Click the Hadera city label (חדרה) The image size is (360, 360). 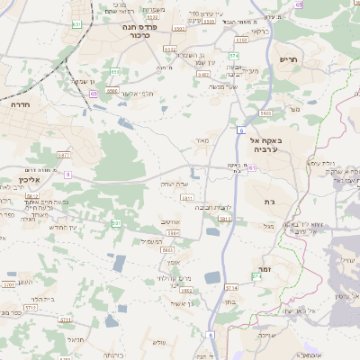pos(20,104)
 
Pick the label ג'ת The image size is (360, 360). pos(268,202)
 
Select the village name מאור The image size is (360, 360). pos(201,140)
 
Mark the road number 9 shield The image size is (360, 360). pos(67,175)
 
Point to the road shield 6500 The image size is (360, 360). pos(112,90)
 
